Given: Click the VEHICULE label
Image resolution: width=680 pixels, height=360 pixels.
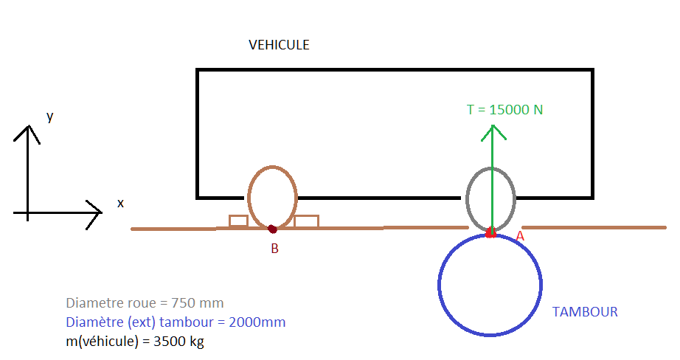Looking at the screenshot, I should [279, 45].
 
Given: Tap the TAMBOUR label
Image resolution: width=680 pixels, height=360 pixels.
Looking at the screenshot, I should [585, 312].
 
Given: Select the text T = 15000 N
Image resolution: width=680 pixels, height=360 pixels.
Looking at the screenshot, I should [504, 110].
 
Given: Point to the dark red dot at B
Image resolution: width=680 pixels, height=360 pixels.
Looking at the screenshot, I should [272, 229].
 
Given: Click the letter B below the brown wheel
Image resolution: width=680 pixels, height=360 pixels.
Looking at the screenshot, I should [274, 249].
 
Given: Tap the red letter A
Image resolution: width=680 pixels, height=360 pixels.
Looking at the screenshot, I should [519, 236].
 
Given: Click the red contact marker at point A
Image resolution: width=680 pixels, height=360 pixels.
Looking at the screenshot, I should [490, 234].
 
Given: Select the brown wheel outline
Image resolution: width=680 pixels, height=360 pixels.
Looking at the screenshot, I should [249, 198].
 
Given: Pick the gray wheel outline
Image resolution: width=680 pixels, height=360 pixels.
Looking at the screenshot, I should [468, 199].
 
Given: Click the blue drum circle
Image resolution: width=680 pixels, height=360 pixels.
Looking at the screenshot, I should [440, 284].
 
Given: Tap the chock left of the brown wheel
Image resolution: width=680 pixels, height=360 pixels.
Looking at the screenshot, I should [238, 221].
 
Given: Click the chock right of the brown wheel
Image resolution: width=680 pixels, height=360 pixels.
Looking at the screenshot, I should [306, 221].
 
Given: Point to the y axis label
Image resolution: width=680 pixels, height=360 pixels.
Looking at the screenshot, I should [49, 117].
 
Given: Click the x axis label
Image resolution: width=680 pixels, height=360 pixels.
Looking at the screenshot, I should [120, 203].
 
